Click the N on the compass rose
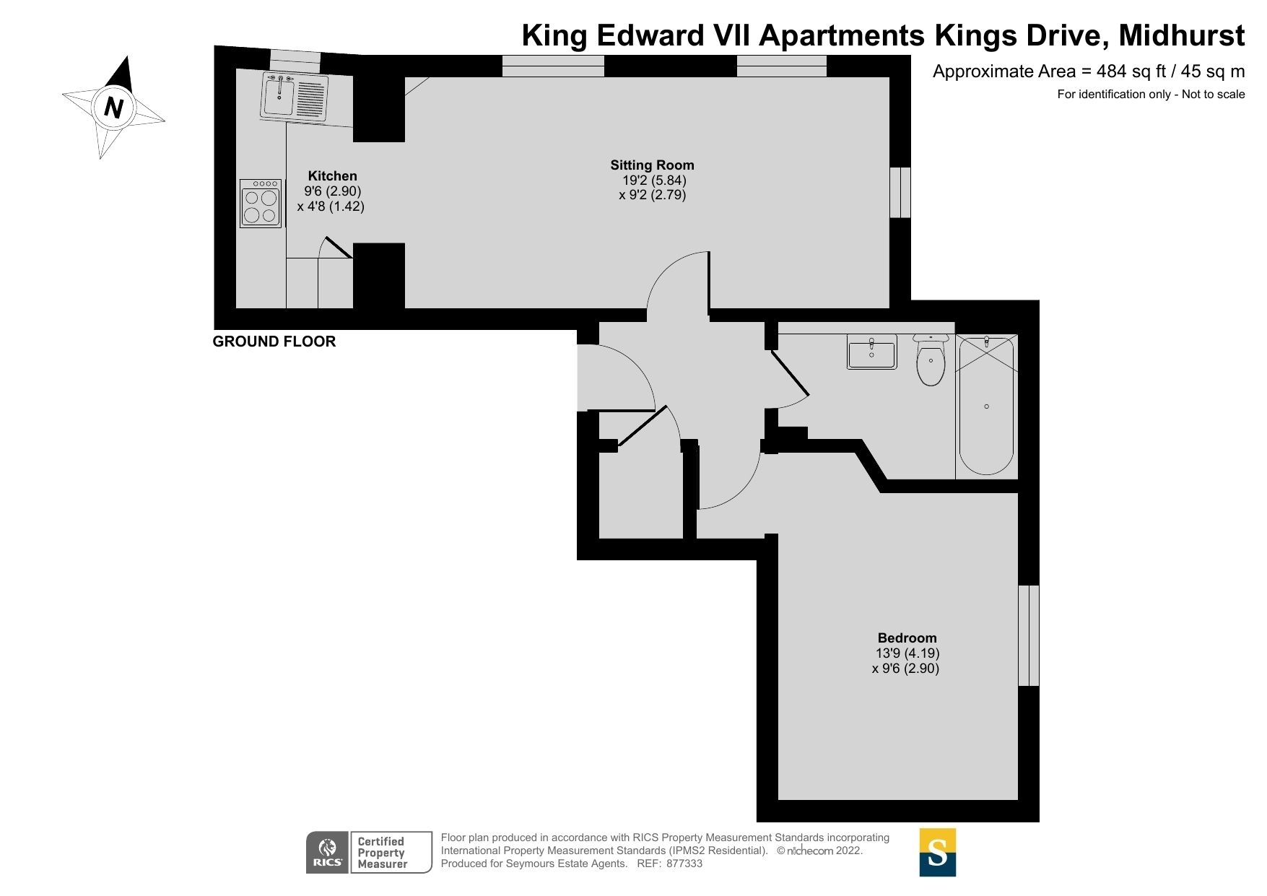pyautogui.click(x=113, y=107)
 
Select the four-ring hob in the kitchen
pyautogui.click(x=261, y=204)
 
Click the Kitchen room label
pyautogui.click(x=332, y=175)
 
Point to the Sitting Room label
pyautogui.click(x=652, y=165)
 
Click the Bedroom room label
pyautogui.click(x=907, y=638)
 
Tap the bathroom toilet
pyautogui.click(x=931, y=360)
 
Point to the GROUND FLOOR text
pyautogui.click(x=274, y=342)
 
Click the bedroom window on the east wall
pyautogui.click(x=1028, y=635)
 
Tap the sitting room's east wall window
pyautogui.click(x=900, y=192)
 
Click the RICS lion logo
pyautogui.click(x=328, y=852)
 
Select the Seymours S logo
pyautogui.click(x=937, y=852)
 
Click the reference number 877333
pyautogui.click(x=684, y=864)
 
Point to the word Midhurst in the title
pyautogui.click(x=1181, y=35)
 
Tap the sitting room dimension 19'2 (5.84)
pyautogui.click(x=654, y=180)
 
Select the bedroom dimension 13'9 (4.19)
pyautogui.click(x=907, y=653)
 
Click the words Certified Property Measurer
pyautogui.click(x=382, y=853)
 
